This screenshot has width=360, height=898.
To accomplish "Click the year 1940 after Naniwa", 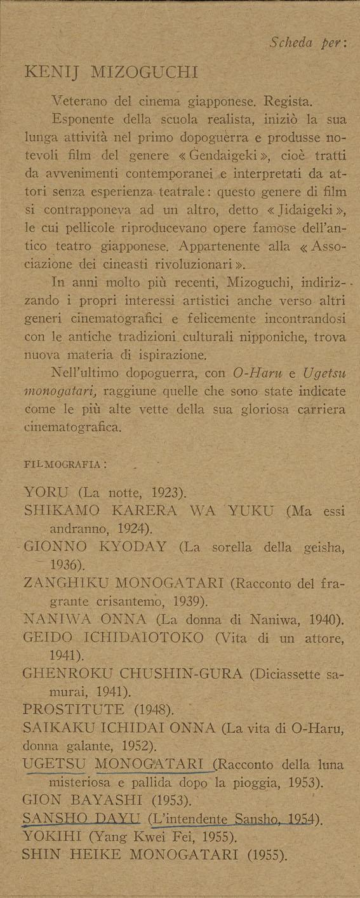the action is [323, 619].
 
